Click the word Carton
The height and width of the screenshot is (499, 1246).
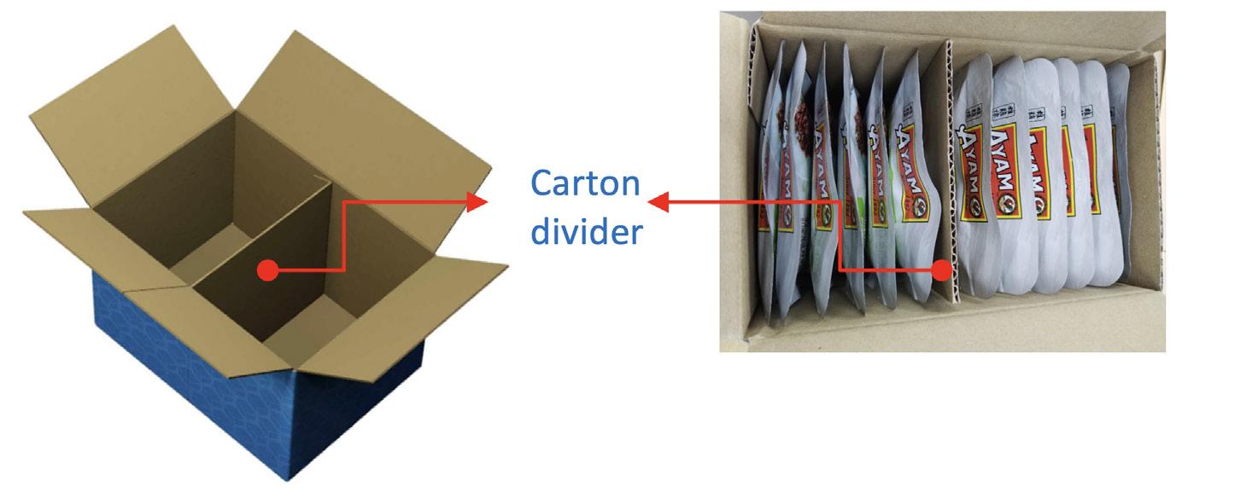coord(585,183)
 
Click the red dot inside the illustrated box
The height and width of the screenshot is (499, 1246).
coord(268,270)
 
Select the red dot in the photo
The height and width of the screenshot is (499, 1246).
coord(941,270)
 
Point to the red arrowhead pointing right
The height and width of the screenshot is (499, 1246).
coord(477,202)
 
